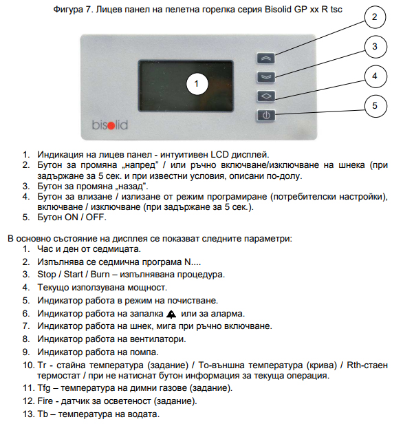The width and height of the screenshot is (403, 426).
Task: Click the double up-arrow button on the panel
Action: pos(266,58)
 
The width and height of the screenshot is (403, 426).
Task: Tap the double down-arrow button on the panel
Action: pos(266,77)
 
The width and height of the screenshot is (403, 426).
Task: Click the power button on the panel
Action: pos(266,115)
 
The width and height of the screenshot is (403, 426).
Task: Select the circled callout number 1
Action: pos(197,84)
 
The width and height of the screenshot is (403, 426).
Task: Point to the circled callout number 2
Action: pos(375,17)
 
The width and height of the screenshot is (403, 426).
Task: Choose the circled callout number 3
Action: pos(375,47)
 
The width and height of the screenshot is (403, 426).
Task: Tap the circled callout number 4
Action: pos(375,76)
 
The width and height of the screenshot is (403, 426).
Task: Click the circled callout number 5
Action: pos(375,106)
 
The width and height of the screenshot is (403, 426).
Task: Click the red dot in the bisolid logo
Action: pos(111,126)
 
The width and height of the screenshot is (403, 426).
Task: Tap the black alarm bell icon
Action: pos(171,315)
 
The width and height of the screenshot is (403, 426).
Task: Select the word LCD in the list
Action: pos(219,155)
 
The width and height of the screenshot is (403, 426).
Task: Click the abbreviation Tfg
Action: pos(44,388)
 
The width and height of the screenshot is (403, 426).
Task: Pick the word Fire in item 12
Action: pos(45,401)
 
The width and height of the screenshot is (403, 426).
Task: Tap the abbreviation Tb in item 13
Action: pos(43,414)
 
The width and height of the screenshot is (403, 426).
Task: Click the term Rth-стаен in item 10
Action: pos(367,365)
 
